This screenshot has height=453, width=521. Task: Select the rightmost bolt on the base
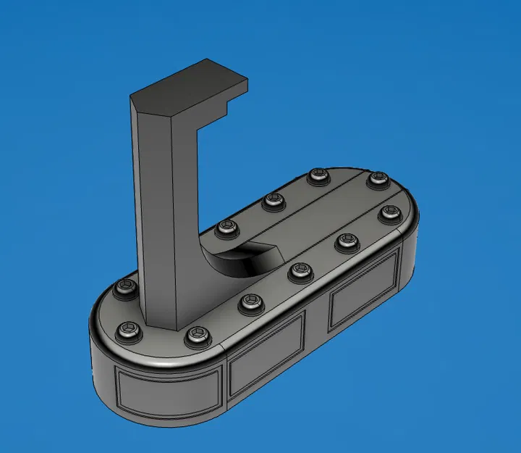pyautogui.click(x=391, y=212)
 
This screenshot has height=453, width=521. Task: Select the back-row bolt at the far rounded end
pyautogui.click(x=376, y=178)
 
